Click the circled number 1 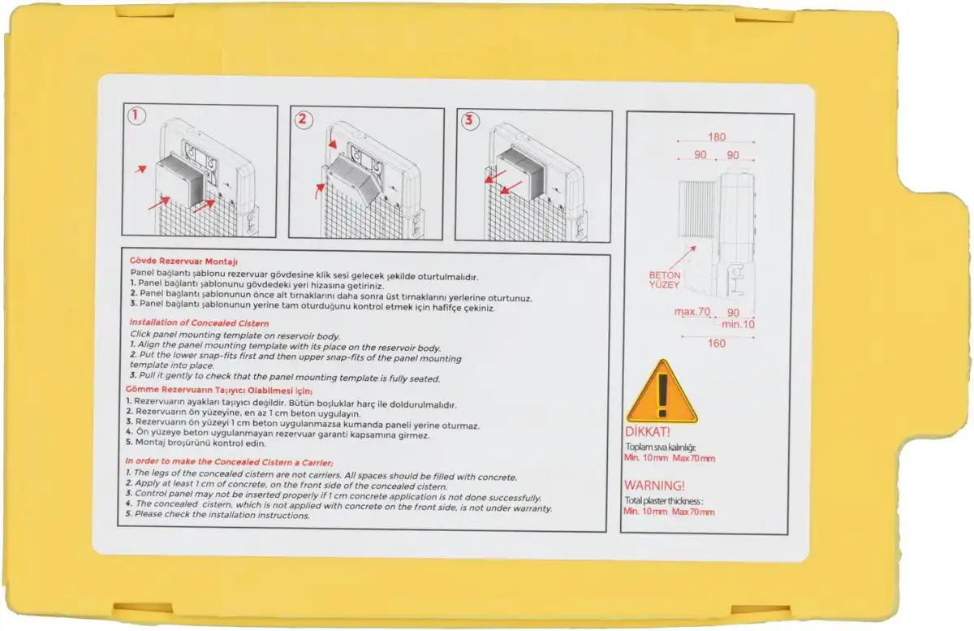coord(136,116)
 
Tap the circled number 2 coord(303,119)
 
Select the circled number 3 coord(470,120)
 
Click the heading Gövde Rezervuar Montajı coord(183,261)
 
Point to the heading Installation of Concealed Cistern coord(199,323)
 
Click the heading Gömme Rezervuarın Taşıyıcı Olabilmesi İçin coord(219,390)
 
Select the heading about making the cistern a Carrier coord(229,462)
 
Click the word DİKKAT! coord(648,432)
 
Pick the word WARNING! coord(654,485)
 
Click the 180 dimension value coord(717,137)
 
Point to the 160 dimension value coord(716,344)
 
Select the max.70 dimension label coord(692,312)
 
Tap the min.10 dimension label coord(738,324)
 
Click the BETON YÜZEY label coord(665,280)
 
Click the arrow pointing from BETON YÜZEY coord(681,258)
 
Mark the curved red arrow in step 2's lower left coord(320,191)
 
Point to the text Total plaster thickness coord(664,501)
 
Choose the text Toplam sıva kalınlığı coord(661,447)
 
